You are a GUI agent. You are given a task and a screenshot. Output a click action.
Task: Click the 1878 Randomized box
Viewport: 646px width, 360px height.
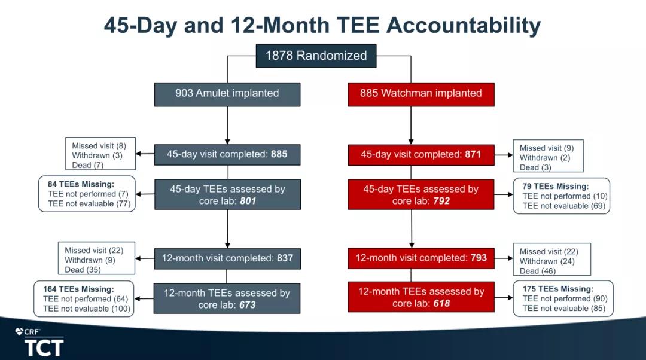pos(316,56)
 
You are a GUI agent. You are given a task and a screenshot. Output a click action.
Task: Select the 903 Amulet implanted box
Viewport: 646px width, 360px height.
pos(227,94)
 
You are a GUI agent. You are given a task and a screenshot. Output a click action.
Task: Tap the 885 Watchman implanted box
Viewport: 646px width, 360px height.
pos(421,94)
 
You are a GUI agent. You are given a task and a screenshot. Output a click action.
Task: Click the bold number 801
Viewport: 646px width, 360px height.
pos(248,201)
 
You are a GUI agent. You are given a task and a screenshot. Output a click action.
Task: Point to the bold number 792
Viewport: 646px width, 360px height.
pos(441,201)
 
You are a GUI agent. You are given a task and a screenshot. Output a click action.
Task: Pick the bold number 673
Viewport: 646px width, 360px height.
pos(247,305)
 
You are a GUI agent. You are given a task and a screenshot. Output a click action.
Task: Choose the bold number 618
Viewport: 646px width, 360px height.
pos(441,304)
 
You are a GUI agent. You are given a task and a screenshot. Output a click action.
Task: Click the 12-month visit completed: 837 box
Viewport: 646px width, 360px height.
pos(227,258)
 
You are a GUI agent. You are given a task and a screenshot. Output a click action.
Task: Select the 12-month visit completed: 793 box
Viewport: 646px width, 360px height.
pos(421,258)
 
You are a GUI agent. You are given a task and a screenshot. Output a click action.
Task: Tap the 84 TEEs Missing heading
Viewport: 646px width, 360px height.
pos(81,184)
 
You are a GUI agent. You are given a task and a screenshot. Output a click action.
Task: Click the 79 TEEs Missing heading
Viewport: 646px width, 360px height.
pos(555,186)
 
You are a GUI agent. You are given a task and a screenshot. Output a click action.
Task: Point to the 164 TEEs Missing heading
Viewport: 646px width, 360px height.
pos(78,289)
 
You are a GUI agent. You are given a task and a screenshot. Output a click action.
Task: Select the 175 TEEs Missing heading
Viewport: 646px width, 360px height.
pos(558,289)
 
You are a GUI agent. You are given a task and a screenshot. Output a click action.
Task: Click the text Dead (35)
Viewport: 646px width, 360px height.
pos(83,270)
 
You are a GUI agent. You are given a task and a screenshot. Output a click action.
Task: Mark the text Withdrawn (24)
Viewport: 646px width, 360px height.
pos(547,261)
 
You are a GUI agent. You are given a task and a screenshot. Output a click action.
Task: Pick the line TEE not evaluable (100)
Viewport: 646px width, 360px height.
pos(87,309)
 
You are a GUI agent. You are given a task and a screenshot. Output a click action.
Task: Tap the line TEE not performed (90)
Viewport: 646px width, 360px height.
pos(565,298)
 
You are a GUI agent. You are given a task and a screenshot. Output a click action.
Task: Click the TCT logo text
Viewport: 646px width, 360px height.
pos(44,348)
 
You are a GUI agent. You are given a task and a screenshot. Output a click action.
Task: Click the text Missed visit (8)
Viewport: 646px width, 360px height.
pos(99,146)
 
